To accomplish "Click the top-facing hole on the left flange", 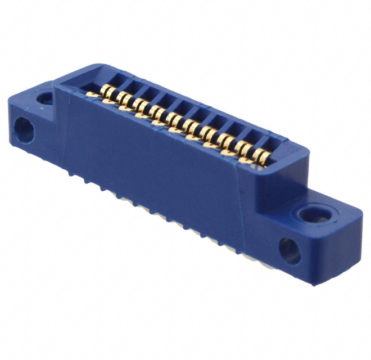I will (46, 99).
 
